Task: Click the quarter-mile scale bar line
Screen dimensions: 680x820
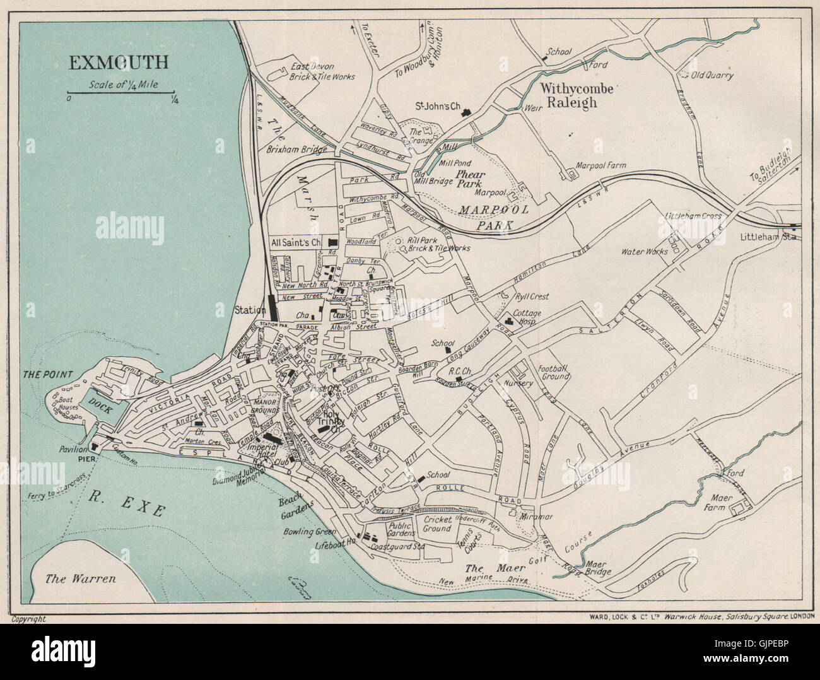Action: (120, 93)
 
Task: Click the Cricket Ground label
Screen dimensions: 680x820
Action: (437, 524)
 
